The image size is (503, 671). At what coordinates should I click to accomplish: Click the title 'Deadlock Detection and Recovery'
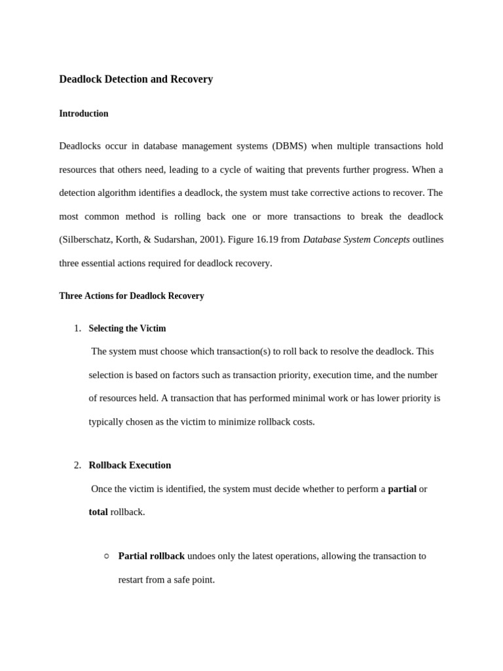(136, 79)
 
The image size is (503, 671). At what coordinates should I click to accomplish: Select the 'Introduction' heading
(84, 114)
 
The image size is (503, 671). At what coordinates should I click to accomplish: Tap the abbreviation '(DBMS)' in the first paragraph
(289, 145)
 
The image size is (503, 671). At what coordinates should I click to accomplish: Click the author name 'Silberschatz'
(87, 240)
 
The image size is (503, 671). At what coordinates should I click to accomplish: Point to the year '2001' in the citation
(210, 240)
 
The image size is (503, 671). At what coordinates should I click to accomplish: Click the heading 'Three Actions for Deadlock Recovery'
(132, 296)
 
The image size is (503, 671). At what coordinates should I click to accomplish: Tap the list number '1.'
(77, 328)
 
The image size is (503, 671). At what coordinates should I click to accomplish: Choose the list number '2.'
(77, 465)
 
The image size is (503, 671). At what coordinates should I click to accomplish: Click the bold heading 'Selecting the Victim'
(127, 328)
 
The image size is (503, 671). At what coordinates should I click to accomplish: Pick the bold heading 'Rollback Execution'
(130, 465)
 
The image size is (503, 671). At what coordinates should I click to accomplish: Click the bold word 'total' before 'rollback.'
(98, 512)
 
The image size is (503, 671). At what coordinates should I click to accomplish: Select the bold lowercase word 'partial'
(402, 489)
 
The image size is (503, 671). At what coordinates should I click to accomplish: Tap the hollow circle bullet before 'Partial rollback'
(107, 556)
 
